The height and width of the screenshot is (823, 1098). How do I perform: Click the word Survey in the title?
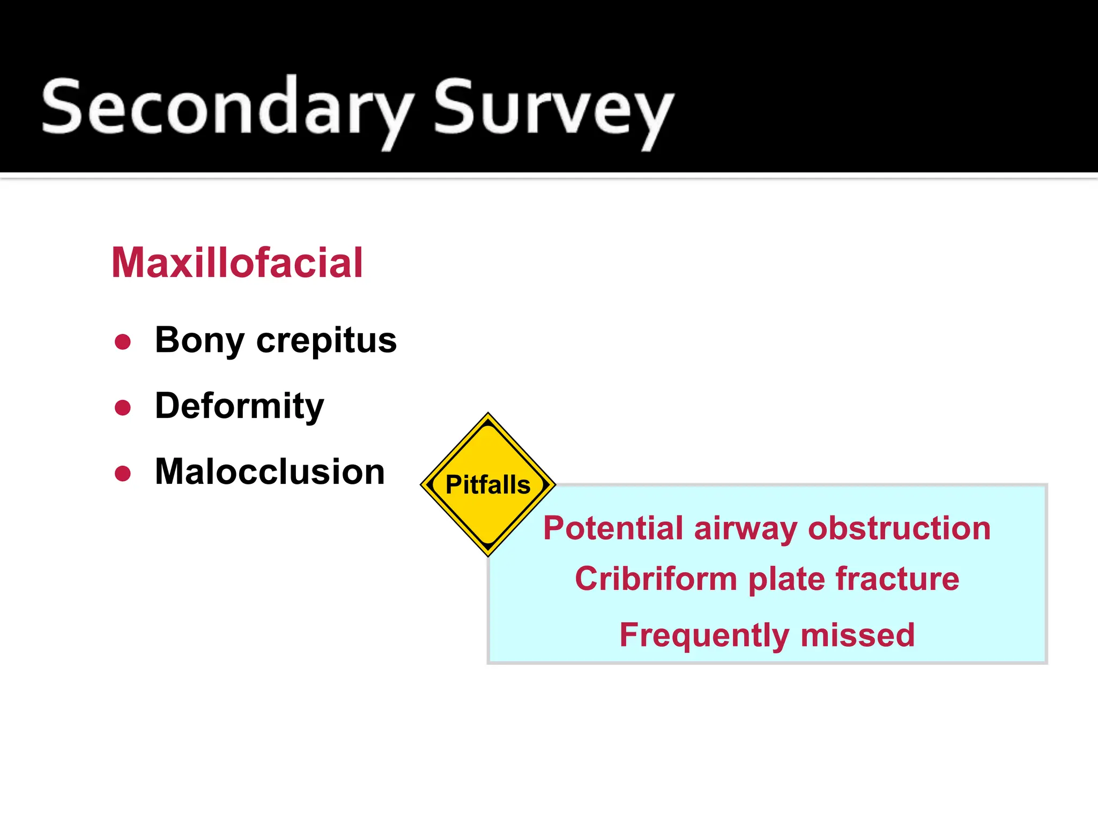point(552,107)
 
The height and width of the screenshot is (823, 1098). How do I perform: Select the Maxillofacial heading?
point(237,263)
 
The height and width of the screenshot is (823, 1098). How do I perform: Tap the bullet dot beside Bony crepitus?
point(123,342)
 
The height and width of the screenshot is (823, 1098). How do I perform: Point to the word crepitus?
point(326,341)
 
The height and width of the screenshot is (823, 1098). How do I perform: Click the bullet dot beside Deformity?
point(123,408)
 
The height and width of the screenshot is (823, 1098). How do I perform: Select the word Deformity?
point(239,407)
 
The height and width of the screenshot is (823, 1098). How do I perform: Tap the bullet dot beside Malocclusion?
point(123,474)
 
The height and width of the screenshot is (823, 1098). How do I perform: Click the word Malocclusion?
point(270,472)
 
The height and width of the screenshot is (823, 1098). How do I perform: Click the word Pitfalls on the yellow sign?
point(488,485)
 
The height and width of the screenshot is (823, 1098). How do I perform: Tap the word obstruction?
point(899,528)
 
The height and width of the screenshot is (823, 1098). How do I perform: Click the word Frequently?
point(704,635)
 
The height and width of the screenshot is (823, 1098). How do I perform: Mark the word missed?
point(857,635)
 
